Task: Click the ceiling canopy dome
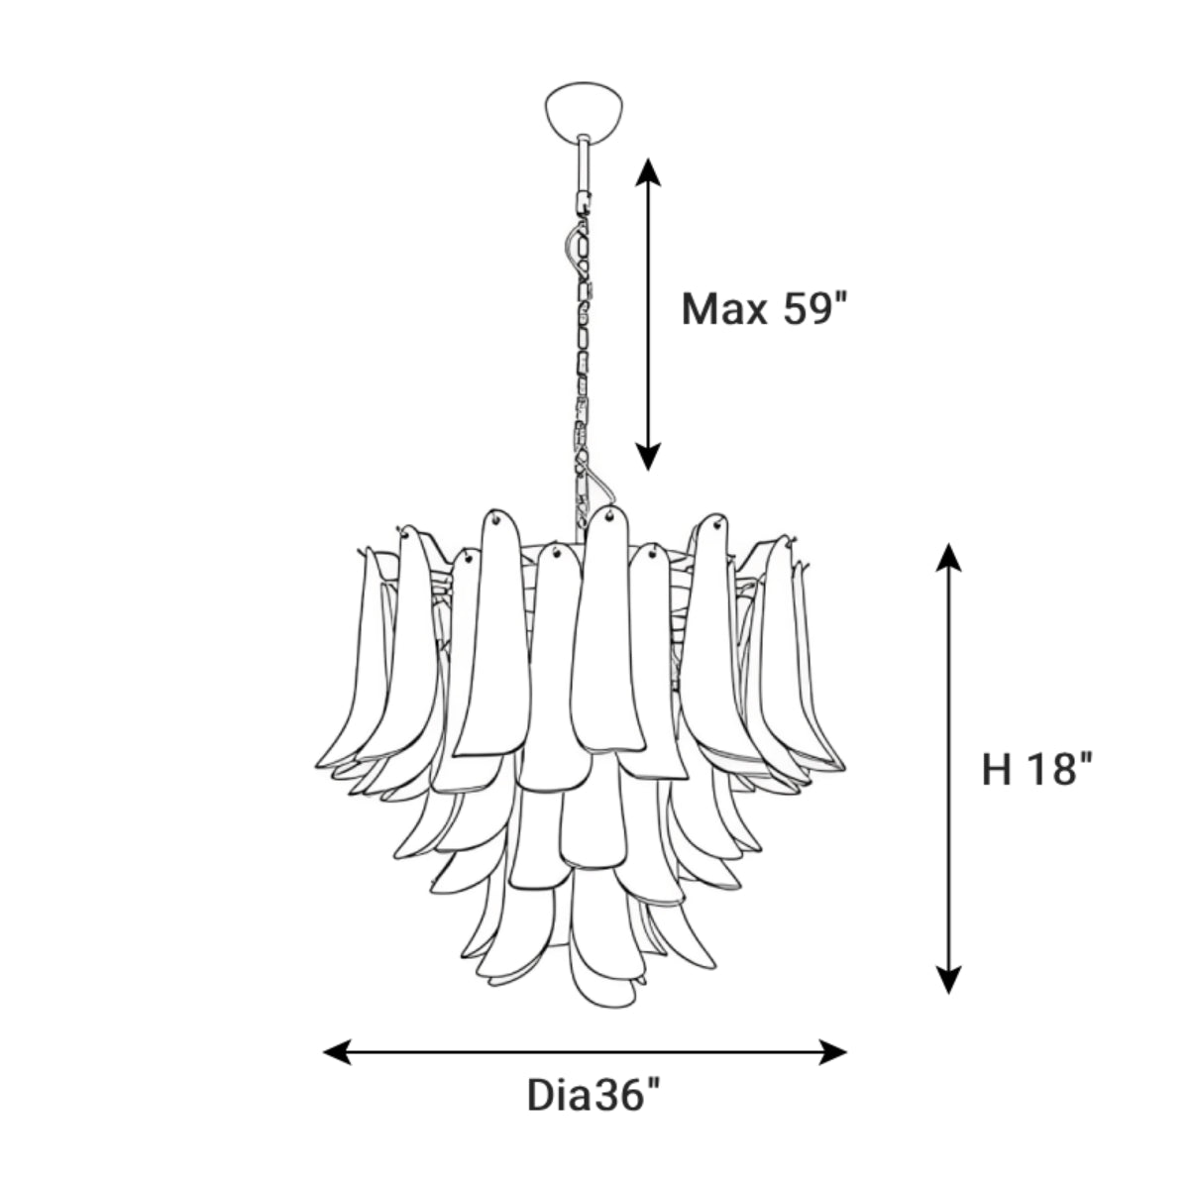click(583, 109)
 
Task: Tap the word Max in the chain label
click(723, 309)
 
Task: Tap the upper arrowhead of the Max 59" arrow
click(648, 172)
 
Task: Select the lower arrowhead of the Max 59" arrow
click(648, 457)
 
